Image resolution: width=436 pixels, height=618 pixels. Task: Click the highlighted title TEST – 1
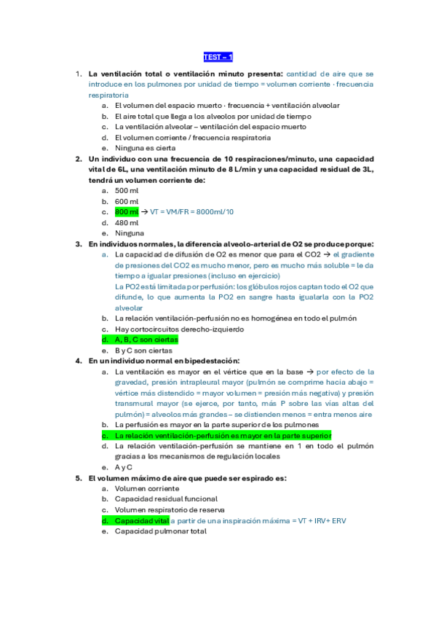click(x=218, y=57)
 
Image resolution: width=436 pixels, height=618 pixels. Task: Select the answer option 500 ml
click(x=127, y=190)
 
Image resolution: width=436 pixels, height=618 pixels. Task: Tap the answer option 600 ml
click(x=127, y=201)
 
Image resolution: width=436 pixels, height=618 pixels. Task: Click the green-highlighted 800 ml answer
click(x=127, y=211)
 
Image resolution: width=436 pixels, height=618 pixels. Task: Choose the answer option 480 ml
click(x=127, y=222)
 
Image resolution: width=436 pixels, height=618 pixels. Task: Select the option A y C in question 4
click(x=123, y=467)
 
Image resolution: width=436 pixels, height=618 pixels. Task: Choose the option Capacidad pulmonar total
click(x=160, y=531)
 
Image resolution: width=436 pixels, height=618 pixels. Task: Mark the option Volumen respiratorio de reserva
click(x=169, y=510)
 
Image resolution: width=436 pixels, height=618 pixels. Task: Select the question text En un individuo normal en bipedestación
click(x=164, y=361)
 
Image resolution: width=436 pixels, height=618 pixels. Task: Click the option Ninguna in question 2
click(x=130, y=233)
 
